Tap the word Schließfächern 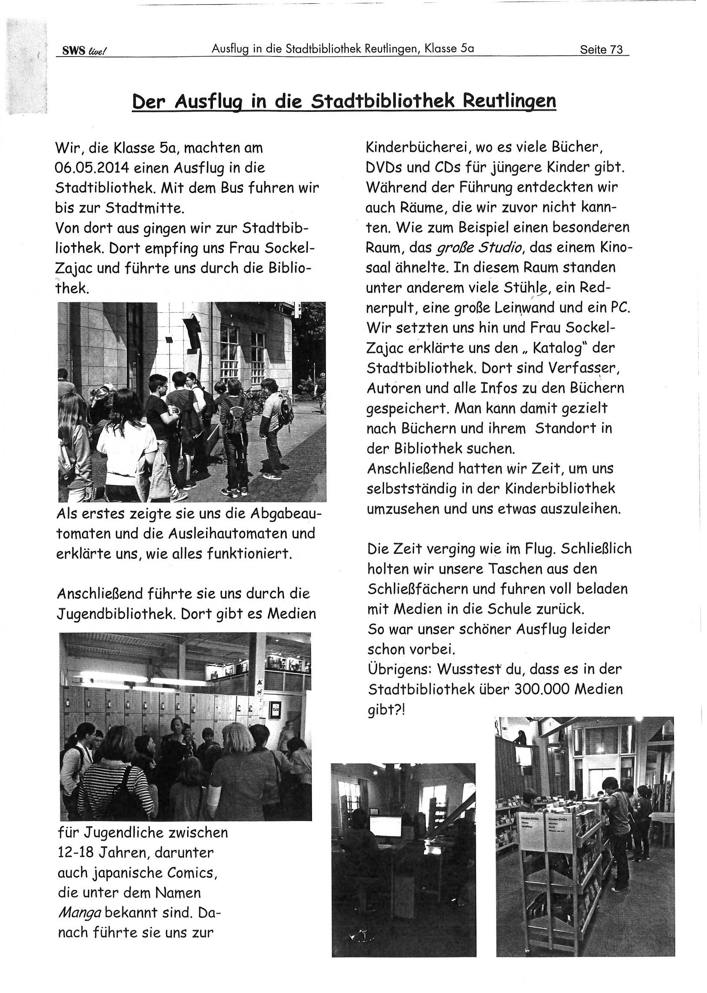coord(416,589)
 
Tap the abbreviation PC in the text coord(620,308)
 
